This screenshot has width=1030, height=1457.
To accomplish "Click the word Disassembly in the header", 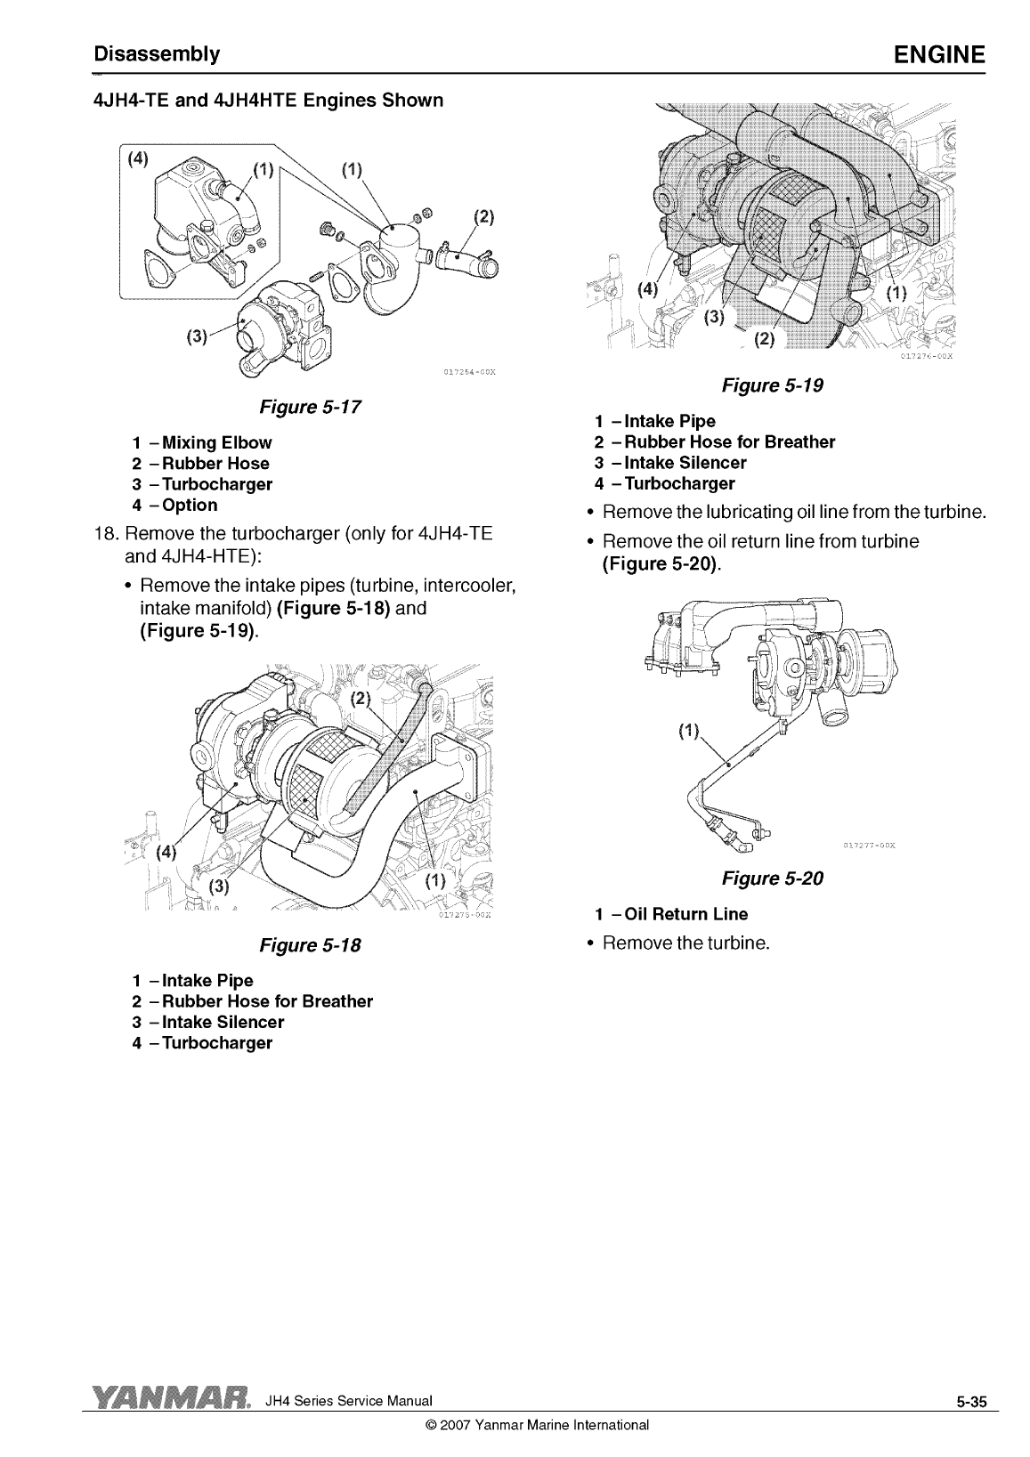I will tap(157, 54).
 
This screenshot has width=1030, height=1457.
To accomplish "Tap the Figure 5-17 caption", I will tap(310, 407).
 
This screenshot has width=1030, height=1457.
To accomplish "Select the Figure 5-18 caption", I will tap(310, 945).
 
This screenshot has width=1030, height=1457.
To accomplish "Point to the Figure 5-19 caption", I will tap(772, 385).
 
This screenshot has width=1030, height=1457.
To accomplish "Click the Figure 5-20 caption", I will tap(772, 878).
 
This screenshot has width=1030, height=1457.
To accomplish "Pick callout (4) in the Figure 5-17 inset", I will tap(137, 159).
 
